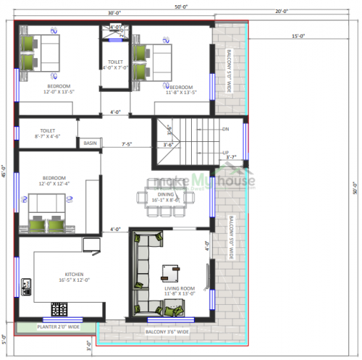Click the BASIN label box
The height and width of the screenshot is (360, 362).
(90, 143)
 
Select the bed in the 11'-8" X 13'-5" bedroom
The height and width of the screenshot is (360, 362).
(153, 62)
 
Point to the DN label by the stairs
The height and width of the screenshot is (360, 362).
(225, 129)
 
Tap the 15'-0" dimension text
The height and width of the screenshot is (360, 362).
(298, 36)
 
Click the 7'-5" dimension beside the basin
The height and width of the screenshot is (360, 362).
(127, 143)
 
